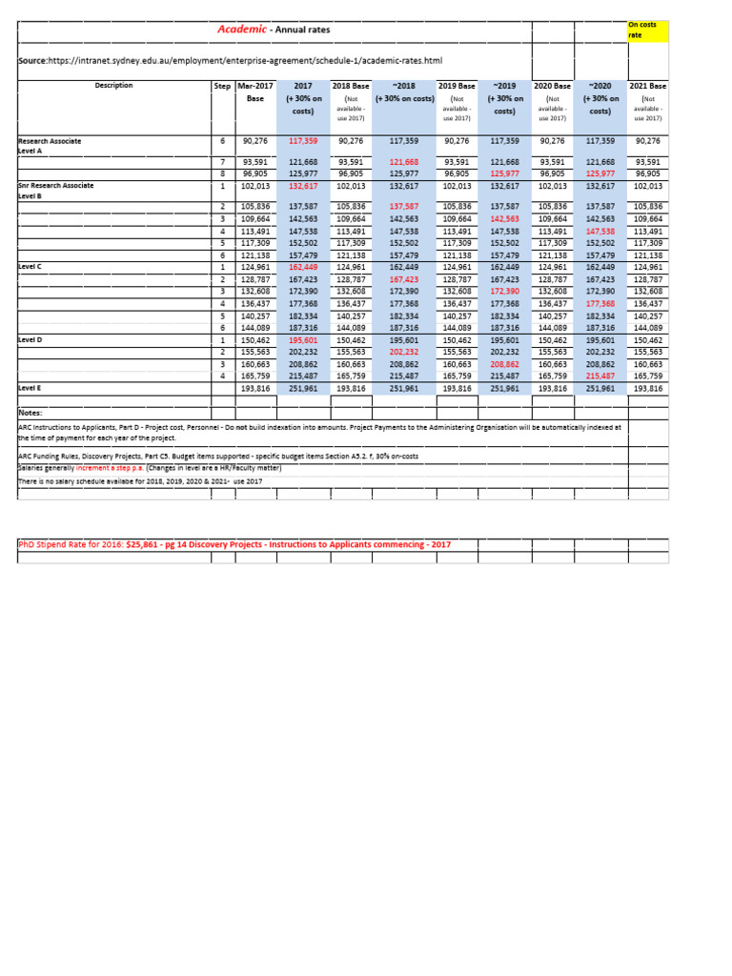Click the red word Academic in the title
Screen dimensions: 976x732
point(241,30)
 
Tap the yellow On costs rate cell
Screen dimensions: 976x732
point(647,29)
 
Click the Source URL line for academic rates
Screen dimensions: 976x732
point(230,61)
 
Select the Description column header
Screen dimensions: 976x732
point(113,86)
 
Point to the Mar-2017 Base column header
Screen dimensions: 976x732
point(254,91)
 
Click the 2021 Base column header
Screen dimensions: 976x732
point(648,86)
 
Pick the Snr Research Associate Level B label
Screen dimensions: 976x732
point(56,191)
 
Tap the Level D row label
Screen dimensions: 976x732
point(30,339)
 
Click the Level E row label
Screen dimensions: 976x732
point(30,389)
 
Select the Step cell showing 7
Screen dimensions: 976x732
point(222,162)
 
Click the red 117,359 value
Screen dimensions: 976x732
point(302,141)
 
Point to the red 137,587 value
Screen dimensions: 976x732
point(404,207)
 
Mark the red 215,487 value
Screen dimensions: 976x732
point(600,376)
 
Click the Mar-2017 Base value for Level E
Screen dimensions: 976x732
point(255,389)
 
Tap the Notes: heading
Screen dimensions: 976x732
point(31,413)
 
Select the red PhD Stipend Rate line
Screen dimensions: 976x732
point(234,544)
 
